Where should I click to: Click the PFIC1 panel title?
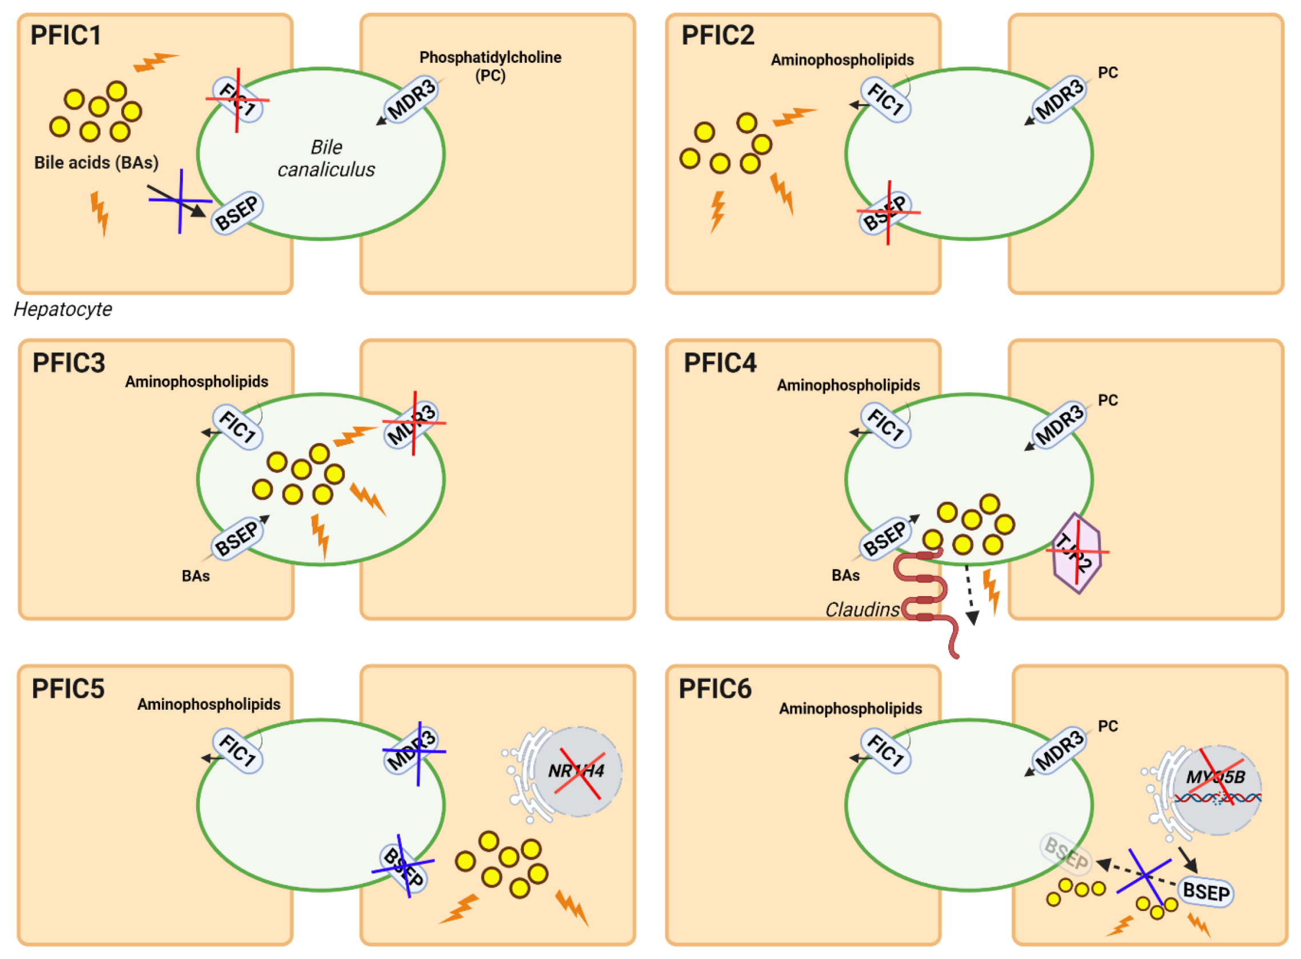(x=66, y=35)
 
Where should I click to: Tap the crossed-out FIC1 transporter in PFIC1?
(x=237, y=99)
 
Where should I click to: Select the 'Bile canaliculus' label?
(x=326, y=158)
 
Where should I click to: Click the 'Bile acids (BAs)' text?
(x=97, y=162)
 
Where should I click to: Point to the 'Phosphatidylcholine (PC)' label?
(x=490, y=66)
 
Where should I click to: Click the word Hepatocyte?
(x=63, y=309)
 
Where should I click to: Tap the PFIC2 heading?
(x=717, y=35)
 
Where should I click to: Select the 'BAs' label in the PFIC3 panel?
(x=195, y=576)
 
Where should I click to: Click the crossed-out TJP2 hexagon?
(x=1076, y=553)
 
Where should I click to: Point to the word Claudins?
(x=862, y=610)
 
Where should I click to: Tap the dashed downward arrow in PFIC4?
(x=970, y=594)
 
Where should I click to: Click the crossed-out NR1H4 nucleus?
(x=578, y=771)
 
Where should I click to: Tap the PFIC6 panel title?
(x=715, y=689)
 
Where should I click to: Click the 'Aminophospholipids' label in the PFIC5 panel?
(x=209, y=704)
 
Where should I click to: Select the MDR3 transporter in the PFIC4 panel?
(x=1059, y=425)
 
